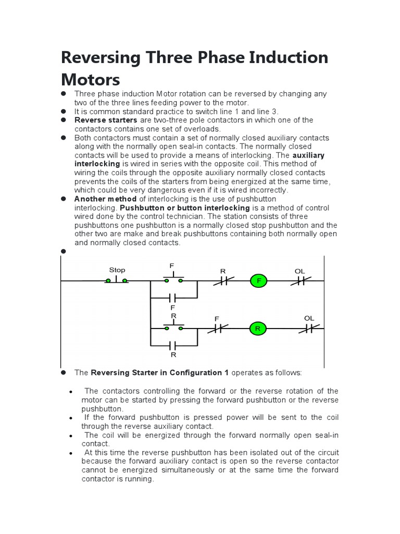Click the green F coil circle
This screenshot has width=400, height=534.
258,281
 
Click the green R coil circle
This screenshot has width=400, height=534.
257,329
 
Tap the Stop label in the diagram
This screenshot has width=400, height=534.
117,270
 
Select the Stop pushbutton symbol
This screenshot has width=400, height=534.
117,281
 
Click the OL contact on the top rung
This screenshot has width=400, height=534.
300,281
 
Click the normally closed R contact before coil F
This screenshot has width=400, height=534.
222,281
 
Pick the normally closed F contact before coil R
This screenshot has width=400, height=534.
217,329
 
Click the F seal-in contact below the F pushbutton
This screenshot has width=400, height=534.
173,298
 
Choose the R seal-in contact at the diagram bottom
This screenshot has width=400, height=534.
173,345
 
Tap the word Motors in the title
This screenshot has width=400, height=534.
90,79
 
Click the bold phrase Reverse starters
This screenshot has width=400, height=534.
99,120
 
